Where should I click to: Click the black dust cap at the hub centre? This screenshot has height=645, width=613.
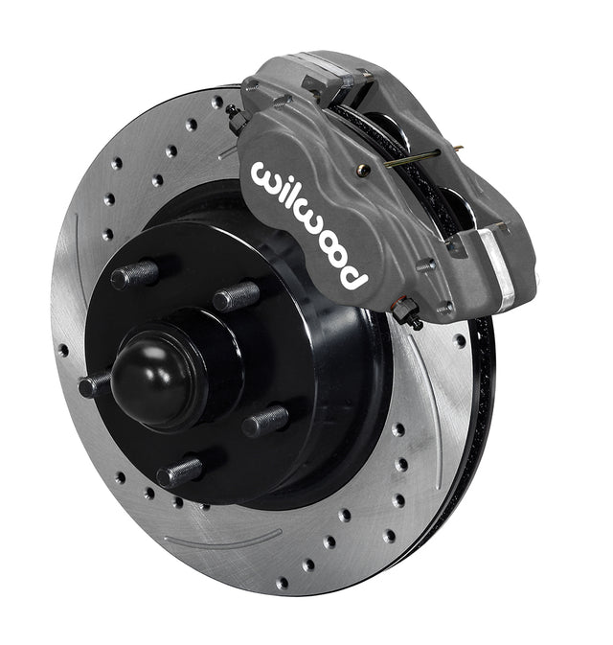(x=158, y=382)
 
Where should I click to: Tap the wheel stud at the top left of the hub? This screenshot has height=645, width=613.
(x=134, y=274)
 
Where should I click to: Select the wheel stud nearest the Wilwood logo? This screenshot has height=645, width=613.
(x=236, y=296)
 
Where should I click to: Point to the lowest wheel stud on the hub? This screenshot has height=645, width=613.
(x=180, y=472)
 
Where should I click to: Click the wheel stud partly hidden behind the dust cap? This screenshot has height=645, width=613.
(x=94, y=385)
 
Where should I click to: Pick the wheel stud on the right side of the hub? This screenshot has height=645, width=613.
(x=265, y=421)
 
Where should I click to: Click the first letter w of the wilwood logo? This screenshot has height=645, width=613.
(x=269, y=177)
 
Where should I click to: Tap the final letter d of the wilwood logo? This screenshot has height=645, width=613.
(x=349, y=275)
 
